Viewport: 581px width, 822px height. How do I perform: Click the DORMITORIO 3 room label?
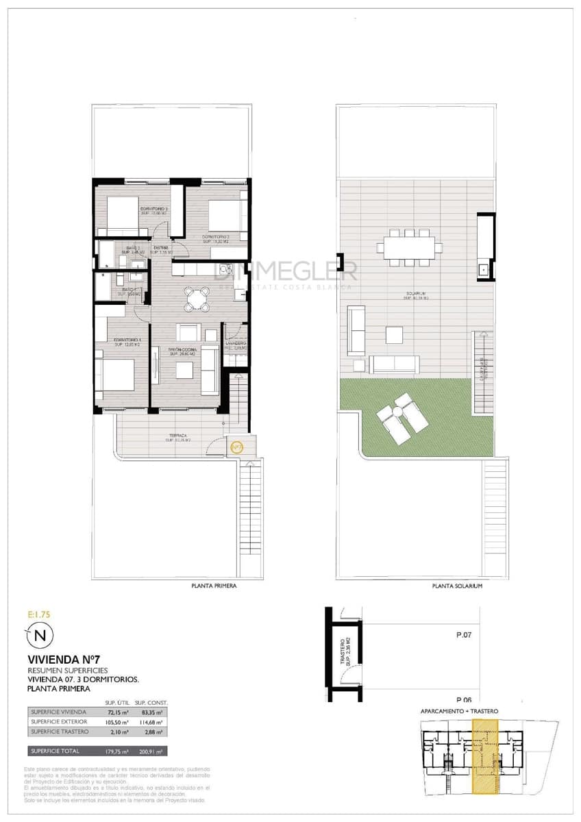(x=154, y=209)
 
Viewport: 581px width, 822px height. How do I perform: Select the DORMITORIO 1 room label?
(x=127, y=340)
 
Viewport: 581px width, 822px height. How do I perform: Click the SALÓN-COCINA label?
(x=183, y=349)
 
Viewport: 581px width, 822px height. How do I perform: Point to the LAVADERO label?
(x=235, y=344)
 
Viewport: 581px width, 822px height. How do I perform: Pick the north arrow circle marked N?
(x=40, y=636)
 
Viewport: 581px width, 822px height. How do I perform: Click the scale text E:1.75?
(x=40, y=614)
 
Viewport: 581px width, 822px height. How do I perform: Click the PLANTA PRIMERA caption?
(x=217, y=586)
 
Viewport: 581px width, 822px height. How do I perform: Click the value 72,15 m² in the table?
(x=114, y=713)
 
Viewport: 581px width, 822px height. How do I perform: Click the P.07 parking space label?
(x=464, y=635)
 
